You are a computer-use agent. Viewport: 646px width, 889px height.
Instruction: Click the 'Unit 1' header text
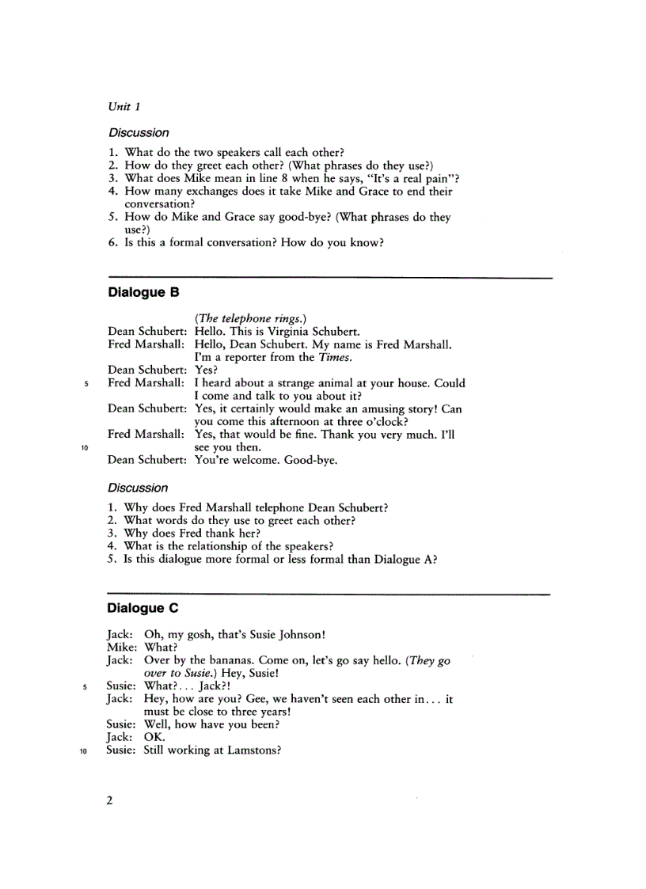tap(124, 106)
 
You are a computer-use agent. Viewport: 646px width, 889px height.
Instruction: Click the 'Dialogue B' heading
tap(143, 292)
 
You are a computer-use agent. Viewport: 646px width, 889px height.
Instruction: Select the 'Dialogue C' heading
tap(143, 608)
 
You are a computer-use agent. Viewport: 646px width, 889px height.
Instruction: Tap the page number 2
tap(110, 800)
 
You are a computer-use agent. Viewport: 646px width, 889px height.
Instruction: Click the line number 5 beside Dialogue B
tap(85, 384)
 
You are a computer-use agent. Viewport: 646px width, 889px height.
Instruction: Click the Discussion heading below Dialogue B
tap(139, 488)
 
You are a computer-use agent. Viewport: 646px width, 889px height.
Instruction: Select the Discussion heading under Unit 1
tap(139, 132)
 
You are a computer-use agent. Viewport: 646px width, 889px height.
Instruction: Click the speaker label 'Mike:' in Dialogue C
tap(122, 647)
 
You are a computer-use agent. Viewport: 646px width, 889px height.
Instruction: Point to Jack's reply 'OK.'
tap(154, 737)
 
